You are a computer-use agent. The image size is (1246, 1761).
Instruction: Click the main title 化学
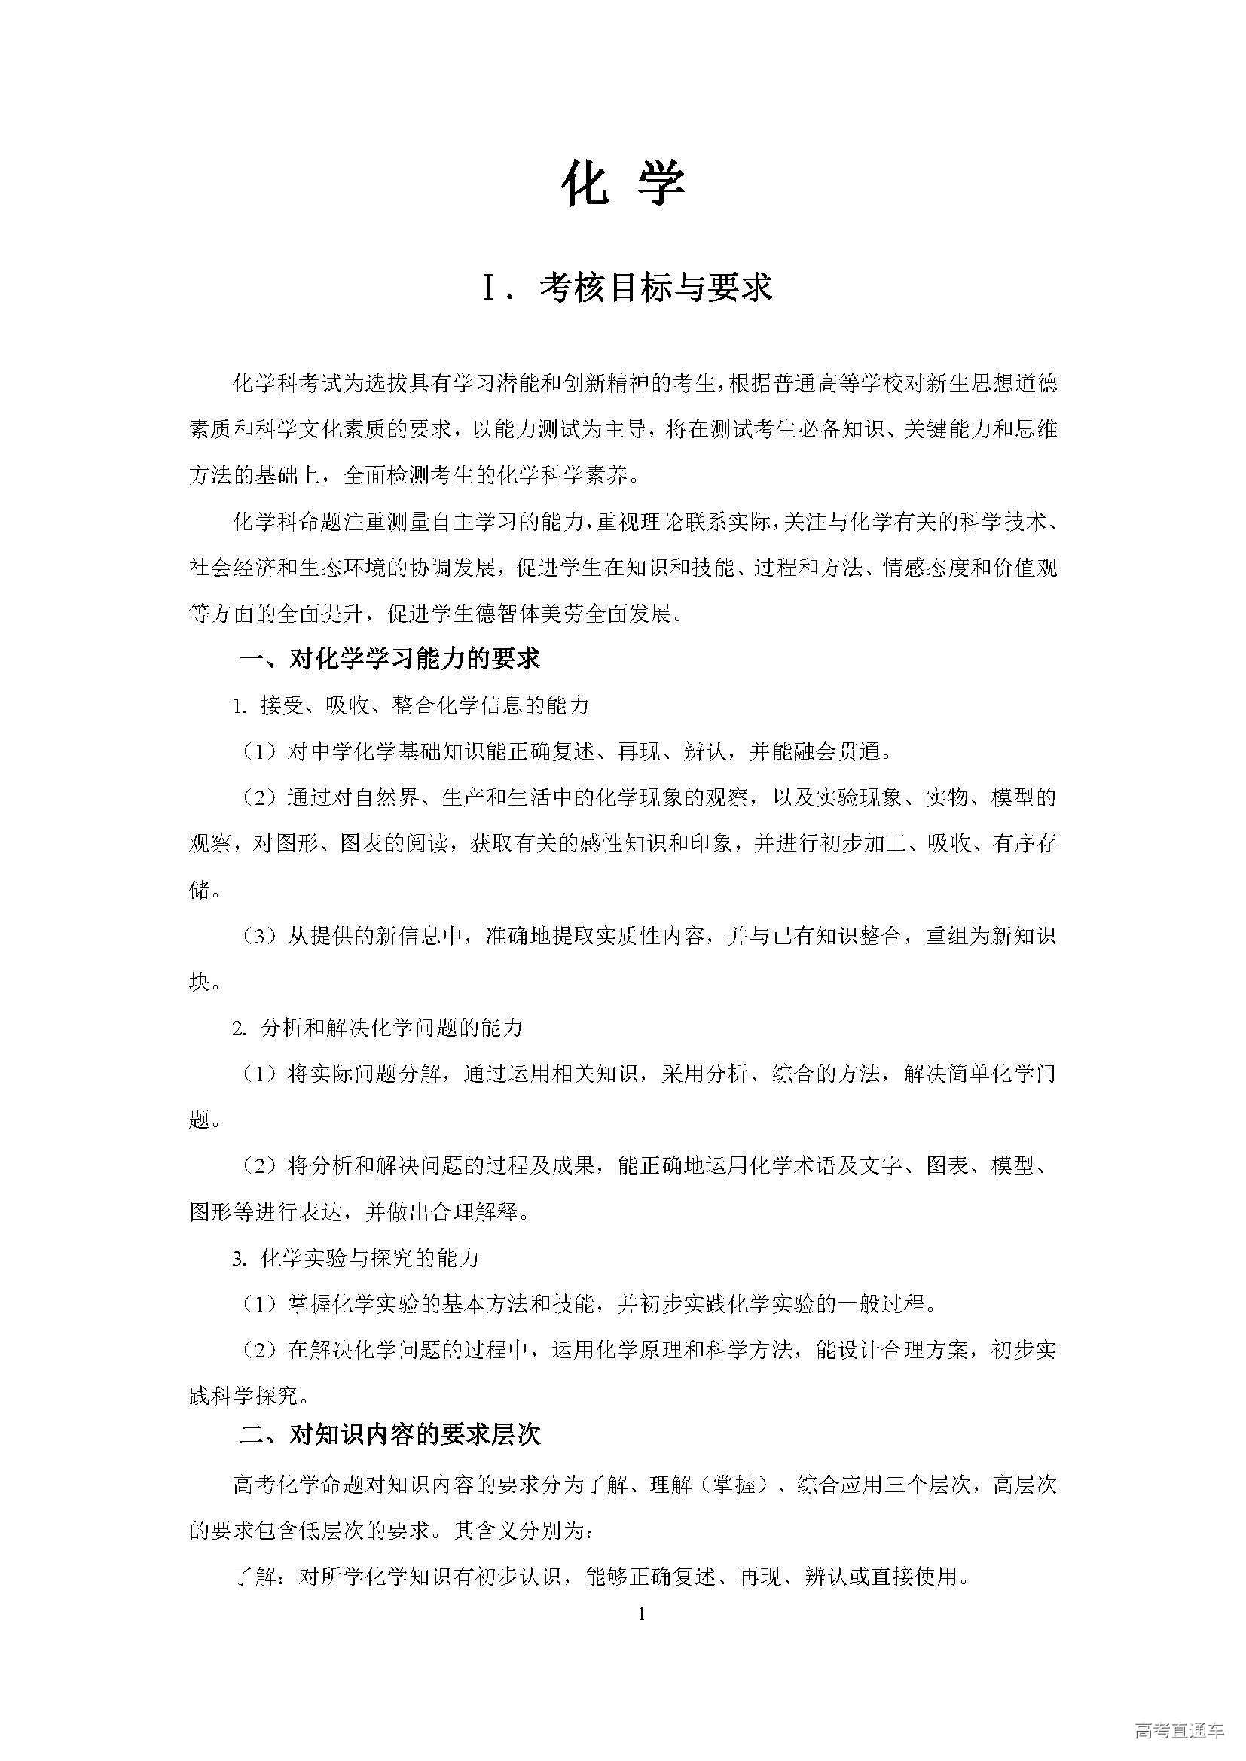coord(622,184)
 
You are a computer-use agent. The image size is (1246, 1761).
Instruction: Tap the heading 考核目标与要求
coord(656,288)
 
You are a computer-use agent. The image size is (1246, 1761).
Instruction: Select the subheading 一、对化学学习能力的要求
coord(389,658)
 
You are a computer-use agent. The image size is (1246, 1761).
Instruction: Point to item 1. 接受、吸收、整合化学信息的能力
coord(411,705)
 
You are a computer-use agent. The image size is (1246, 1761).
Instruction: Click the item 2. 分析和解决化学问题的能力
coord(377,1028)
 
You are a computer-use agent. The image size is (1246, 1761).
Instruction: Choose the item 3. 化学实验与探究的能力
coord(356,1258)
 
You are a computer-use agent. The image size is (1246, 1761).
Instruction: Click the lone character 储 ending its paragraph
coord(200,890)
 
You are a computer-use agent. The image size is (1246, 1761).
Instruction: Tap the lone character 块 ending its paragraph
coord(200,982)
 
